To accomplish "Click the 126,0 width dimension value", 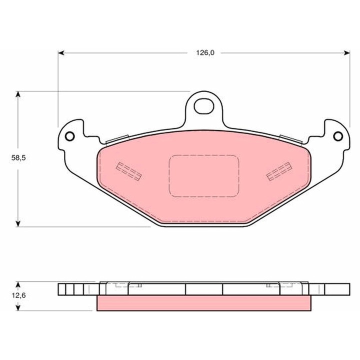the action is click(x=205, y=53).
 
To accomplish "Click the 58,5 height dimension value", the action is click(x=18, y=158).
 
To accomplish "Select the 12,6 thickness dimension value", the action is click(x=18, y=295).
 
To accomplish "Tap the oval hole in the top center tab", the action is click(x=204, y=106).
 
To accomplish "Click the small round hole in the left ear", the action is click(x=70, y=136).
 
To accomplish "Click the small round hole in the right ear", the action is click(x=338, y=136).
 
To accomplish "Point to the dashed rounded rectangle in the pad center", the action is click(x=204, y=176).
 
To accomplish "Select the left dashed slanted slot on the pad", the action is click(x=128, y=171).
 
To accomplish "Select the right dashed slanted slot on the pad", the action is click(x=279, y=171).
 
